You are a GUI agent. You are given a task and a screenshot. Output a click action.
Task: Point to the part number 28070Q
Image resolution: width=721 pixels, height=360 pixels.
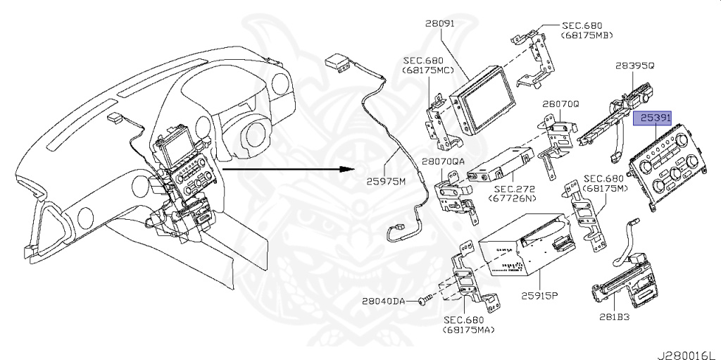coord(560,103)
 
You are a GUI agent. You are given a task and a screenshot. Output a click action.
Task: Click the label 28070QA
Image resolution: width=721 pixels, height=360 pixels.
coord(444,161)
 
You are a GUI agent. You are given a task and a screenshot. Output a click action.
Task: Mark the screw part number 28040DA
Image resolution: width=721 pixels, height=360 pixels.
coord(384,301)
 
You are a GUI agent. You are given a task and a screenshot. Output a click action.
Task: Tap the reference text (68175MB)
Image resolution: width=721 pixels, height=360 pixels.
coord(587,35)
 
